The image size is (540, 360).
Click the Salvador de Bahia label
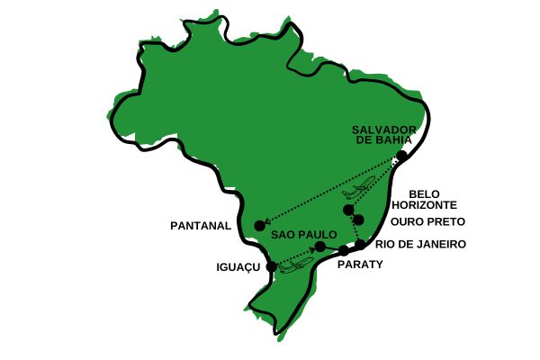382,134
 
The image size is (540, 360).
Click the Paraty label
360,265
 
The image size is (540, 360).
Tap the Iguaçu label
238,267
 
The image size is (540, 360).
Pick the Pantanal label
201,226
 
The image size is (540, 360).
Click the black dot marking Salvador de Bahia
402,156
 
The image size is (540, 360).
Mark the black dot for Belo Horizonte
348,210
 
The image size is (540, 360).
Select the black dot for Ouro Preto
358,220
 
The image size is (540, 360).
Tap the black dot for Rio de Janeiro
360,244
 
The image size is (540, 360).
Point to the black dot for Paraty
343,251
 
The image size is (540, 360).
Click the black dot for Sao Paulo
319,247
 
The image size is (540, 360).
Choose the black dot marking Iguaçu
272,266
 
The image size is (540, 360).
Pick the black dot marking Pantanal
259,225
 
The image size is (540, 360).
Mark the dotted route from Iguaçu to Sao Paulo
294,256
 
